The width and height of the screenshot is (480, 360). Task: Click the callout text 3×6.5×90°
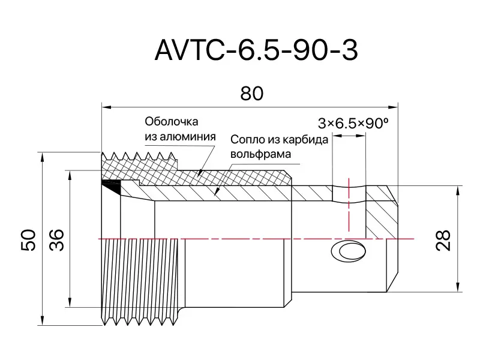[353, 124]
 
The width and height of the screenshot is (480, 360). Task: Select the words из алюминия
[180, 136]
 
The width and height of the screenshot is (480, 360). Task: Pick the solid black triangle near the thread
[112, 186]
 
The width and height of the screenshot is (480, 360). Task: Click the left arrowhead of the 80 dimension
[105, 107]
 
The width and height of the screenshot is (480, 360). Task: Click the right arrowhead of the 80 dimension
[394, 107]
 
